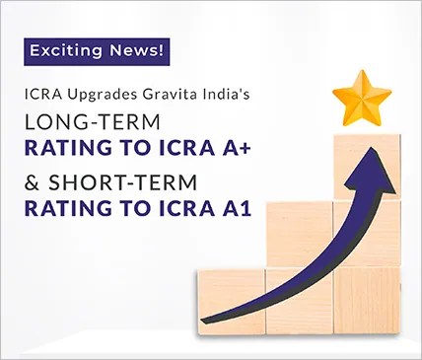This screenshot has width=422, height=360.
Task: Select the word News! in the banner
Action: (x=133, y=49)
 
